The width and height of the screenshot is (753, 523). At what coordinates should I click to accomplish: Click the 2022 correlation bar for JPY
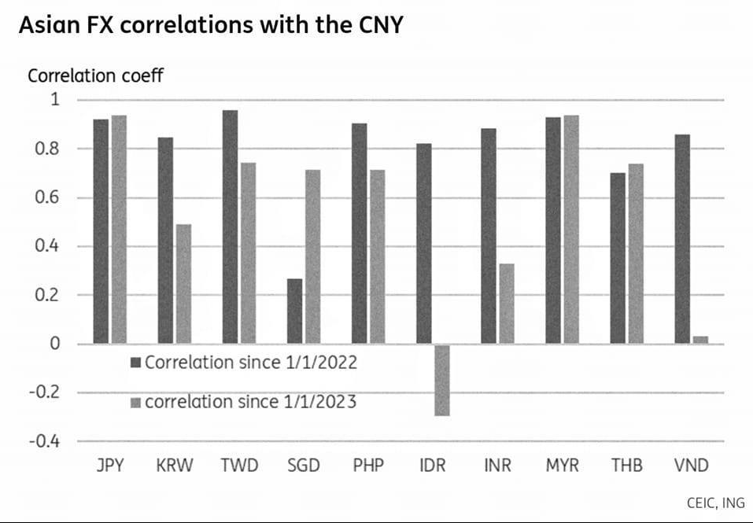coord(101,231)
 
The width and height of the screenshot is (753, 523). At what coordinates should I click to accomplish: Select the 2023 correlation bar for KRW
coord(183,284)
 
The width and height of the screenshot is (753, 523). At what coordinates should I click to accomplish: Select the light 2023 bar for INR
coord(506,304)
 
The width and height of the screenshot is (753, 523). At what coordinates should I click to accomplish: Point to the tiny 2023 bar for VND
coord(699,340)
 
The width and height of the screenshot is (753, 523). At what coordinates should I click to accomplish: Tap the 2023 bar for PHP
coord(377,256)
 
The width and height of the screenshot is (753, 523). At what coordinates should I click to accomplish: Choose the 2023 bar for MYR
coord(570,230)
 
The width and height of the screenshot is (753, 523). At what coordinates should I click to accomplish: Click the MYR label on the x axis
coord(562,466)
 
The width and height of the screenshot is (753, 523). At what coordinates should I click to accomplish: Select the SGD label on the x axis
coord(303,466)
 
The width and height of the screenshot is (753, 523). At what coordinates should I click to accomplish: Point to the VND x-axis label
coord(692,466)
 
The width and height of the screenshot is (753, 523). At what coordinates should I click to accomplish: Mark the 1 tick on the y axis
coord(55,100)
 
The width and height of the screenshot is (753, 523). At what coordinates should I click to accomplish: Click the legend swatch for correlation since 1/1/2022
coord(135,363)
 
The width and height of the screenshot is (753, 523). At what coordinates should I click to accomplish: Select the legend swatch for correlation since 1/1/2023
coord(135,403)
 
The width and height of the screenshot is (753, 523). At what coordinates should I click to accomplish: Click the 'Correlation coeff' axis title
coord(95,76)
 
